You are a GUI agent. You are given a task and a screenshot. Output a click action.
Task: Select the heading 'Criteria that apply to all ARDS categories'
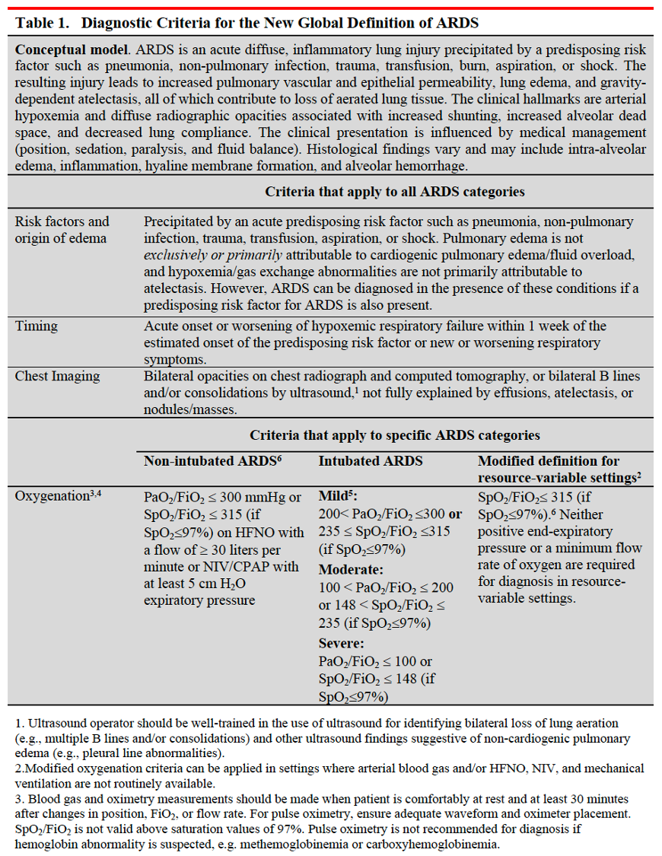coord(394,192)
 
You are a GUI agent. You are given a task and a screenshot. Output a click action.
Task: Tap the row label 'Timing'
coord(36,326)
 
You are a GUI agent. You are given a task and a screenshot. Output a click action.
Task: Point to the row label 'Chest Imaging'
coord(57,376)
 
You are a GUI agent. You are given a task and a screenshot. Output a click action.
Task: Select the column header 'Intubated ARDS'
coord(370,461)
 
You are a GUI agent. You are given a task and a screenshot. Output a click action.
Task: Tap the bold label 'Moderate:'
coord(351,569)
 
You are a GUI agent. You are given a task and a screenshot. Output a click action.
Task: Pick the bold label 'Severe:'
coord(342,643)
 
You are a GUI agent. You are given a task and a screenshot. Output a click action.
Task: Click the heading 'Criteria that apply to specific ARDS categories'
coord(394,435)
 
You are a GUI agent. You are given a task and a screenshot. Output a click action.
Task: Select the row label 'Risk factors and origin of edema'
coord(62,229)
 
